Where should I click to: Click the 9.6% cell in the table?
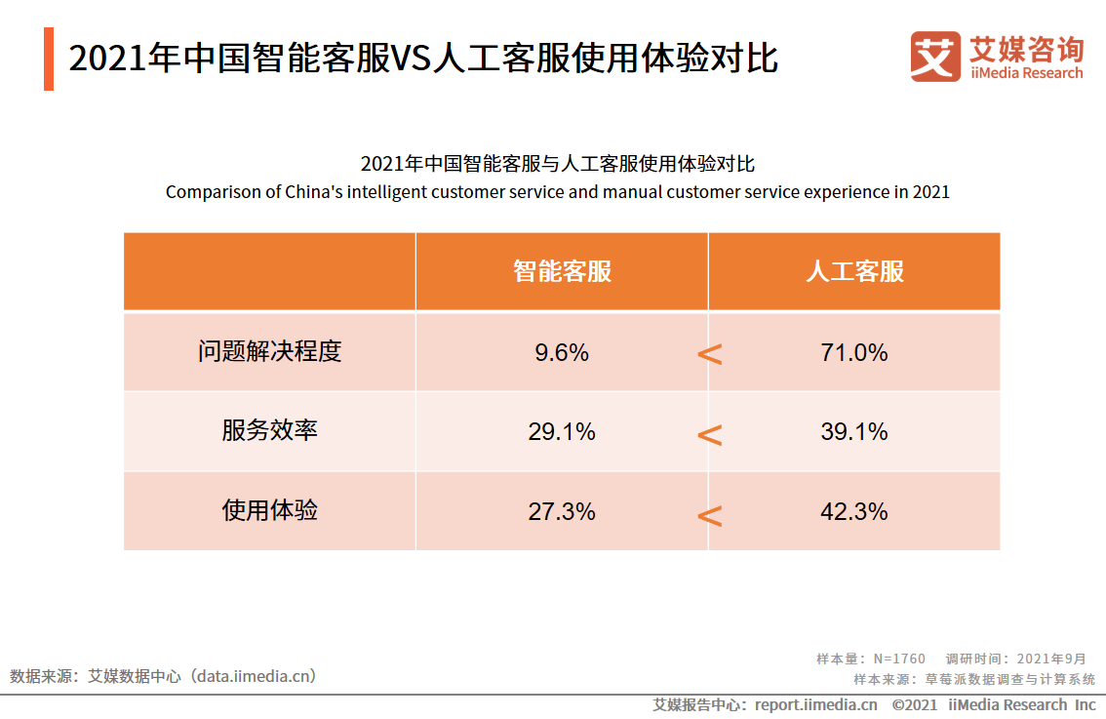pos(561,352)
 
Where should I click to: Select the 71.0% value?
pos(853,352)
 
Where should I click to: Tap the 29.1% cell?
pos(561,431)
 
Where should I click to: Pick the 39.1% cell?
pos(853,431)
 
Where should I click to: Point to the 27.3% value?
pos(561,511)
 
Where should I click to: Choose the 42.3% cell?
pos(853,511)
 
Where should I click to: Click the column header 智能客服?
pos(562,271)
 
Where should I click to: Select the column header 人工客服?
pos(854,271)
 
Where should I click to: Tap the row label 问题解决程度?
pos(269,351)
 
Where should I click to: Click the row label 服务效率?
pos(269,430)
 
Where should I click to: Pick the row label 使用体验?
pos(269,510)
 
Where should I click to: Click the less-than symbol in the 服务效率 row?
pos(710,435)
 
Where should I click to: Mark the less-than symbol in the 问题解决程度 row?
pos(710,355)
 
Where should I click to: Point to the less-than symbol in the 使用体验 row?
pos(710,515)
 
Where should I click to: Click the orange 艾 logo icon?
pos(934,57)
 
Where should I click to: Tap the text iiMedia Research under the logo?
pos(1025,73)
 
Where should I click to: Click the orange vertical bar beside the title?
pos(49,60)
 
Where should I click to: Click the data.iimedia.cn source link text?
pos(257,676)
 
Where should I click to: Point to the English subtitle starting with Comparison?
pos(557,192)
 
